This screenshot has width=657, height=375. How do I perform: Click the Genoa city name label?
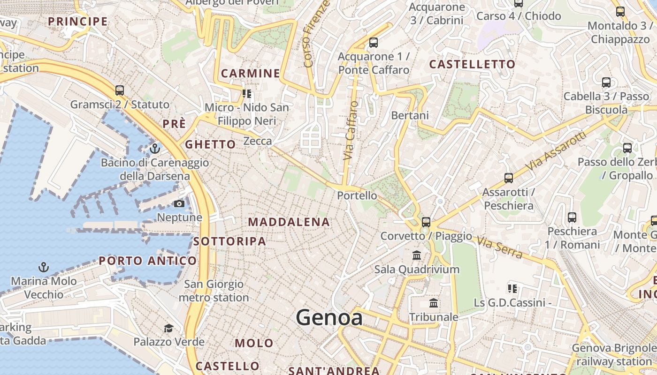coord(329,318)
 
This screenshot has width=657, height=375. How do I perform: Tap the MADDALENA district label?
coord(289,222)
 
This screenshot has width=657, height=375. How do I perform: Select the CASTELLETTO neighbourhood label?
coord(472,64)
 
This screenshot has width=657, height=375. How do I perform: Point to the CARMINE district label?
coord(250,73)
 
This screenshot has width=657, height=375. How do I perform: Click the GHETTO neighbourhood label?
coord(210,144)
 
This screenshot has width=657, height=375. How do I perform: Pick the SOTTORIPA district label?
coord(229,241)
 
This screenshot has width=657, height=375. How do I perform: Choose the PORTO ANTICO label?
coord(148,261)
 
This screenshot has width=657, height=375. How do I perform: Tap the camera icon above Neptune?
coord(179,203)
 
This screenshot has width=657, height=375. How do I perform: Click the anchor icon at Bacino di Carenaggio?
coord(154,149)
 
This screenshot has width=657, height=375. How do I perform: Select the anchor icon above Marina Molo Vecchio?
coord(43,267)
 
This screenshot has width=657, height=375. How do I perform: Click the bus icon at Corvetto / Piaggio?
coord(426,222)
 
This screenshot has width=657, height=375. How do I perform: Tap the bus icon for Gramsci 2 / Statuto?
coord(119,90)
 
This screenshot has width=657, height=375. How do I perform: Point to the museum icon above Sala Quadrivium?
coord(416,255)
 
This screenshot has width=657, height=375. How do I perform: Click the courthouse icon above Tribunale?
coord(434,303)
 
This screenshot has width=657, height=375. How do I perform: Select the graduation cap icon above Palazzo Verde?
coord(168,328)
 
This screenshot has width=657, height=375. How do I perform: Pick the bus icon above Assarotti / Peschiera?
coord(508,178)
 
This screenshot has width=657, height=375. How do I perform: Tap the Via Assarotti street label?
coord(556,151)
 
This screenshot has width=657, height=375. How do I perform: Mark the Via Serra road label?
coord(499,247)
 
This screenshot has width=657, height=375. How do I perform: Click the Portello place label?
coord(357,195)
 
